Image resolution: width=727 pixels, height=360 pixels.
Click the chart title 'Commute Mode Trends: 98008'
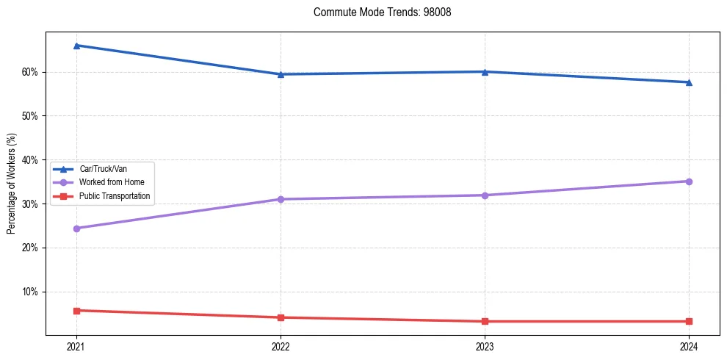[377, 12]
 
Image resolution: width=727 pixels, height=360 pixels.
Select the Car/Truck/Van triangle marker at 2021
[76, 46]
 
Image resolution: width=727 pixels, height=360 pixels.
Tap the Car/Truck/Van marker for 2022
[281, 74]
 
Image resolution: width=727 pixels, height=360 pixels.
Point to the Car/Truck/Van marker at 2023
[485, 72]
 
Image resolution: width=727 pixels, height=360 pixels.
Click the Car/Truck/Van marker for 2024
[689, 82]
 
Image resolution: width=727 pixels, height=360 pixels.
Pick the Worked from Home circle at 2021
[76, 228]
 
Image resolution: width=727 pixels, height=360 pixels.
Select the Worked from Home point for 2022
[281, 199]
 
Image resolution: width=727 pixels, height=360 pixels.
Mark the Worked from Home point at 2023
[485, 195]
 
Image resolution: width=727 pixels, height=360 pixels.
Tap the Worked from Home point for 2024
[689, 181]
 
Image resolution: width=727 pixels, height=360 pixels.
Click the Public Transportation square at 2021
[76, 311]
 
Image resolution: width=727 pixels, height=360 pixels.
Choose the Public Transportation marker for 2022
[281, 317]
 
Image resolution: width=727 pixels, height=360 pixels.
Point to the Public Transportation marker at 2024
[689, 321]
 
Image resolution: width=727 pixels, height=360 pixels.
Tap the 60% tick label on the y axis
[31, 72]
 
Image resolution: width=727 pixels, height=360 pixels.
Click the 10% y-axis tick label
[31, 292]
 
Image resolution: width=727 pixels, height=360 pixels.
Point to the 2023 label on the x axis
[485, 346]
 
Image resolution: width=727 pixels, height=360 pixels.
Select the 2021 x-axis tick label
[76, 346]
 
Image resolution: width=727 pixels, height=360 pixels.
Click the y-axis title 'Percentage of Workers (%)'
[12, 184]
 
